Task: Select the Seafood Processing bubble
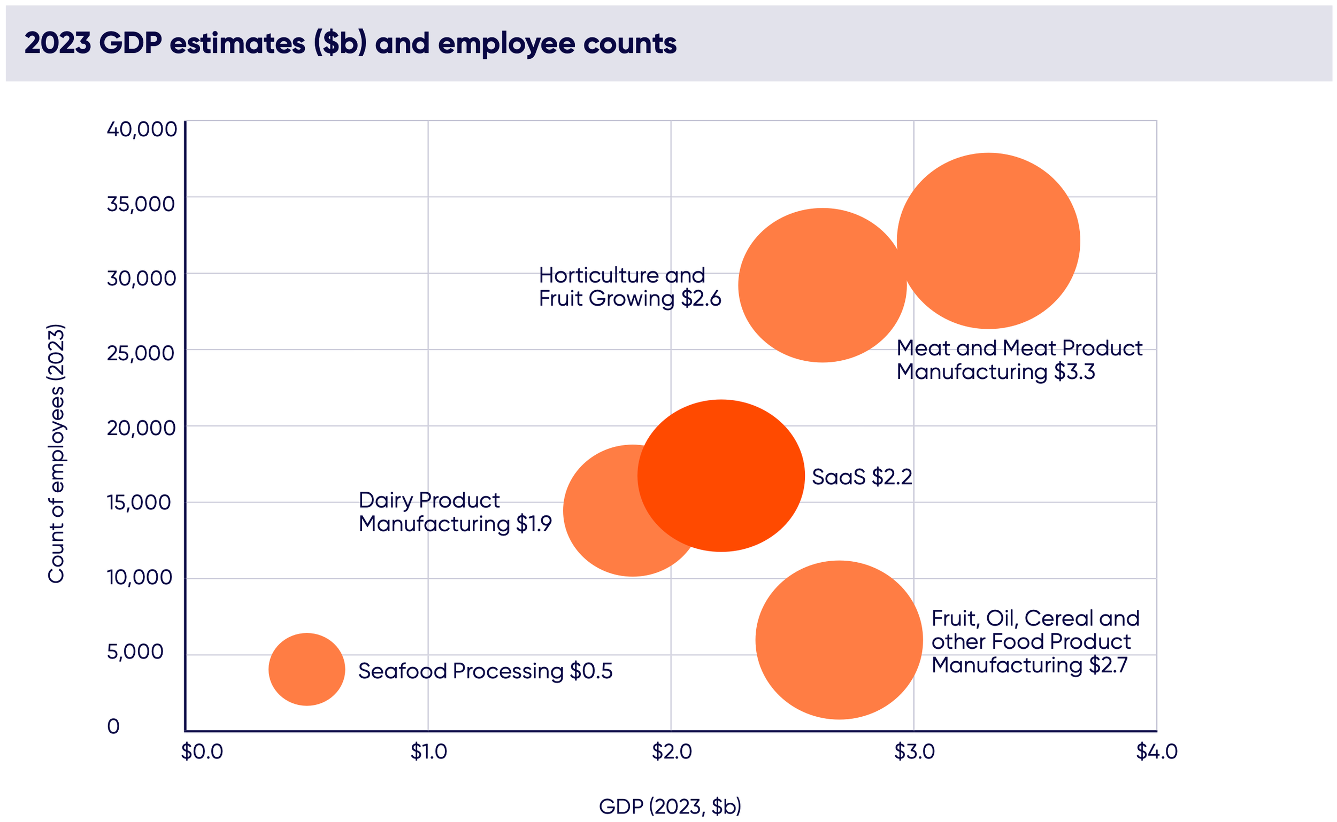pyautogui.click(x=307, y=669)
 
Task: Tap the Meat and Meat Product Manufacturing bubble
pyautogui.click(x=988, y=241)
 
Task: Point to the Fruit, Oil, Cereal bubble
pyautogui.click(x=839, y=640)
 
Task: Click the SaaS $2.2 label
pyautogui.click(x=862, y=477)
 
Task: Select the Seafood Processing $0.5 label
pyautogui.click(x=485, y=671)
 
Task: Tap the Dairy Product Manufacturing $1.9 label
pyautogui.click(x=455, y=511)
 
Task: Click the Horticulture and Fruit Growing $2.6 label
pyautogui.click(x=629, y=286)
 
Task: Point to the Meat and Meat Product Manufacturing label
pyautogui.click(x=1019, y=359)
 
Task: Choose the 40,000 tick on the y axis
pyautogui.click(x=141, y=129)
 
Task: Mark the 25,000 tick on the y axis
pyautogui.click(x=140, y=353)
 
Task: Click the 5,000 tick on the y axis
pyautogui.click(x=135, y=652)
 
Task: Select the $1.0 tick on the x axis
pyautogui.click(x=428, y=751)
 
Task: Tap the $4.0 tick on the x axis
pyautogui.click(x=1156, y=751)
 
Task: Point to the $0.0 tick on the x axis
pyautogui.click(x=202, y=751)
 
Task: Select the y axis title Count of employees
pyautogui.click(x=56, y=453)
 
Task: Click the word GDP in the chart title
pyautogui.click(x=130, y=43)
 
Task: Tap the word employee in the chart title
pyautogui.click(x=506, y=44)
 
